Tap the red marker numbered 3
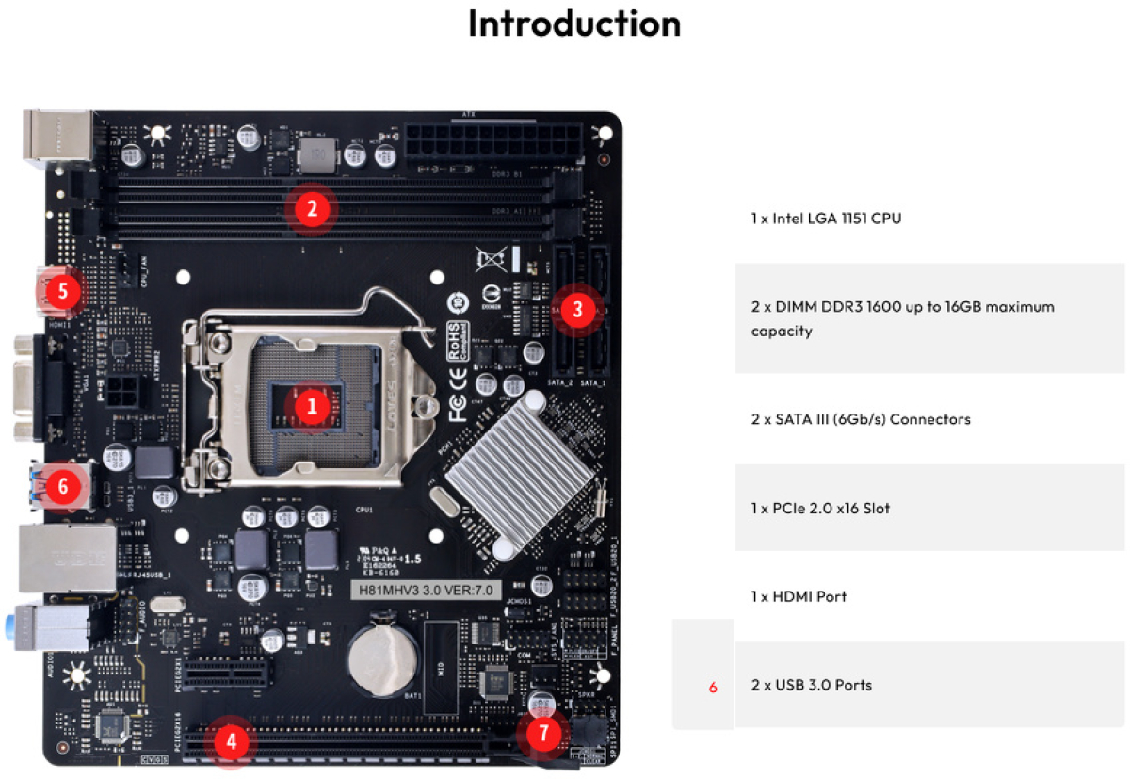(x=578, y=307)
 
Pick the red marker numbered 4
(x=231, y=741)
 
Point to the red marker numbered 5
(x=63, y=291)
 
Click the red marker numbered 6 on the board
(x=63, y=486)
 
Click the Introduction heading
(x=573, y=24)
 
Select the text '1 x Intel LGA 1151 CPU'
(x=826, y=219)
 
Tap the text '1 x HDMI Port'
(x=799, y=596)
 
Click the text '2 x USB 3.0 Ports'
(x=811, y=685)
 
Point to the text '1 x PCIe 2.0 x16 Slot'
(x=820, y=508)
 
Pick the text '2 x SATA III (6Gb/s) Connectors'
(x=861, y=418)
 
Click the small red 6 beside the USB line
(x=713, y=688)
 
